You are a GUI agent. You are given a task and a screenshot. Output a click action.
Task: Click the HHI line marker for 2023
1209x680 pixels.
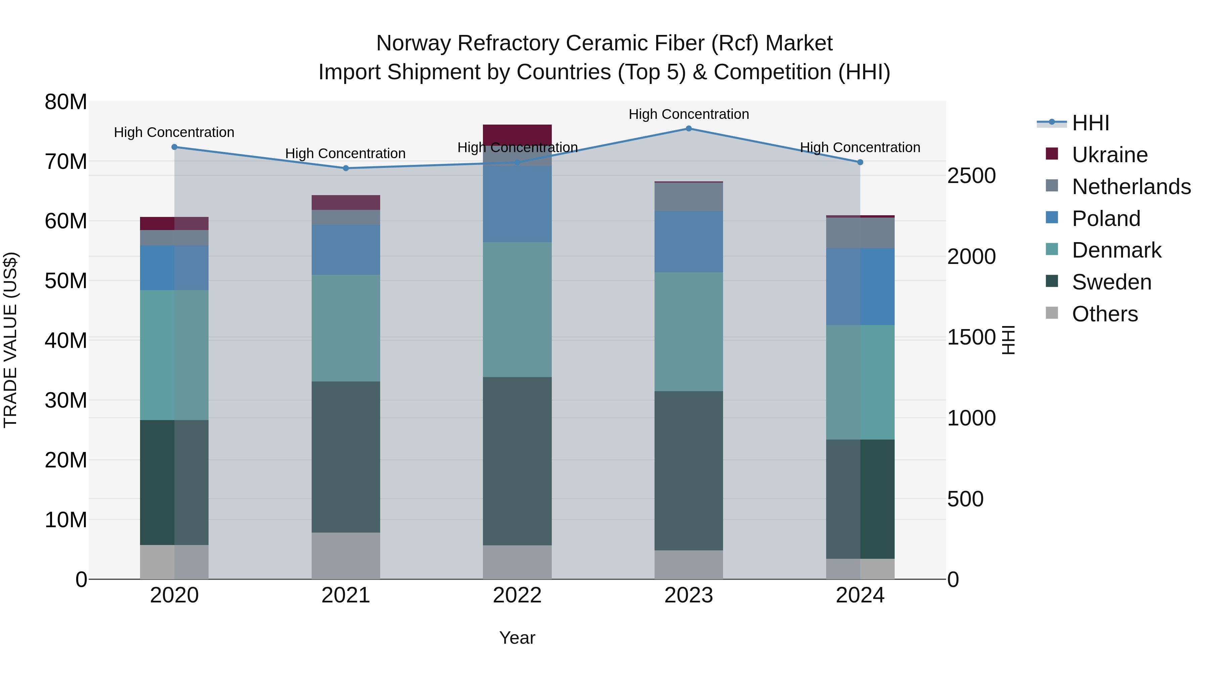coord(688,129)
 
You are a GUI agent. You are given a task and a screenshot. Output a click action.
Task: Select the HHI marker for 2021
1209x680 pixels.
coord(346,168)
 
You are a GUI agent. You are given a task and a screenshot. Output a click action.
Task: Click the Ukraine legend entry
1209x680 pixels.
coord(1110,155)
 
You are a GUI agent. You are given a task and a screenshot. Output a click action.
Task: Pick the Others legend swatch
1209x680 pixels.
coord(1052,313)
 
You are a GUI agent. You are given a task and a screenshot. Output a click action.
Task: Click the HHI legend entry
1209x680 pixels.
coord(1090,123)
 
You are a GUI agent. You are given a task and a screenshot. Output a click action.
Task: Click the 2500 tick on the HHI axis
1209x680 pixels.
coord(971,176)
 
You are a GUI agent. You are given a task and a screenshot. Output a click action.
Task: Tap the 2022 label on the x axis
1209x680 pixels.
coord(517,595)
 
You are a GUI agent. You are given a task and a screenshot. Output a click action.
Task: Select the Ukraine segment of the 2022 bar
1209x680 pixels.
coord(517,134)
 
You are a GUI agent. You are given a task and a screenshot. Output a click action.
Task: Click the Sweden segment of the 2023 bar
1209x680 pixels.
coord(688,471)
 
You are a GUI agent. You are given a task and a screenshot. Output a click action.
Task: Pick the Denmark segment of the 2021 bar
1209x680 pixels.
coord(346,328)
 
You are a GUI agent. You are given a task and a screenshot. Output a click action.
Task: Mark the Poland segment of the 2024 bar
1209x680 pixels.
coord(860,287)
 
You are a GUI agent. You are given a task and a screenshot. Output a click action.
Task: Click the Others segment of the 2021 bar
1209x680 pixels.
coord(346,556)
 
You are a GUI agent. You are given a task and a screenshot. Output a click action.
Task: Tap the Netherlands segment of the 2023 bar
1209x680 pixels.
coord(688,197)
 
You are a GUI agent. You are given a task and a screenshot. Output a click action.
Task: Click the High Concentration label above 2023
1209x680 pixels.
coord(688,114)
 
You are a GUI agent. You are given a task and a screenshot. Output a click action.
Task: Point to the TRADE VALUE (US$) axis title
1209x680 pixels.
coord(11,340)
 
